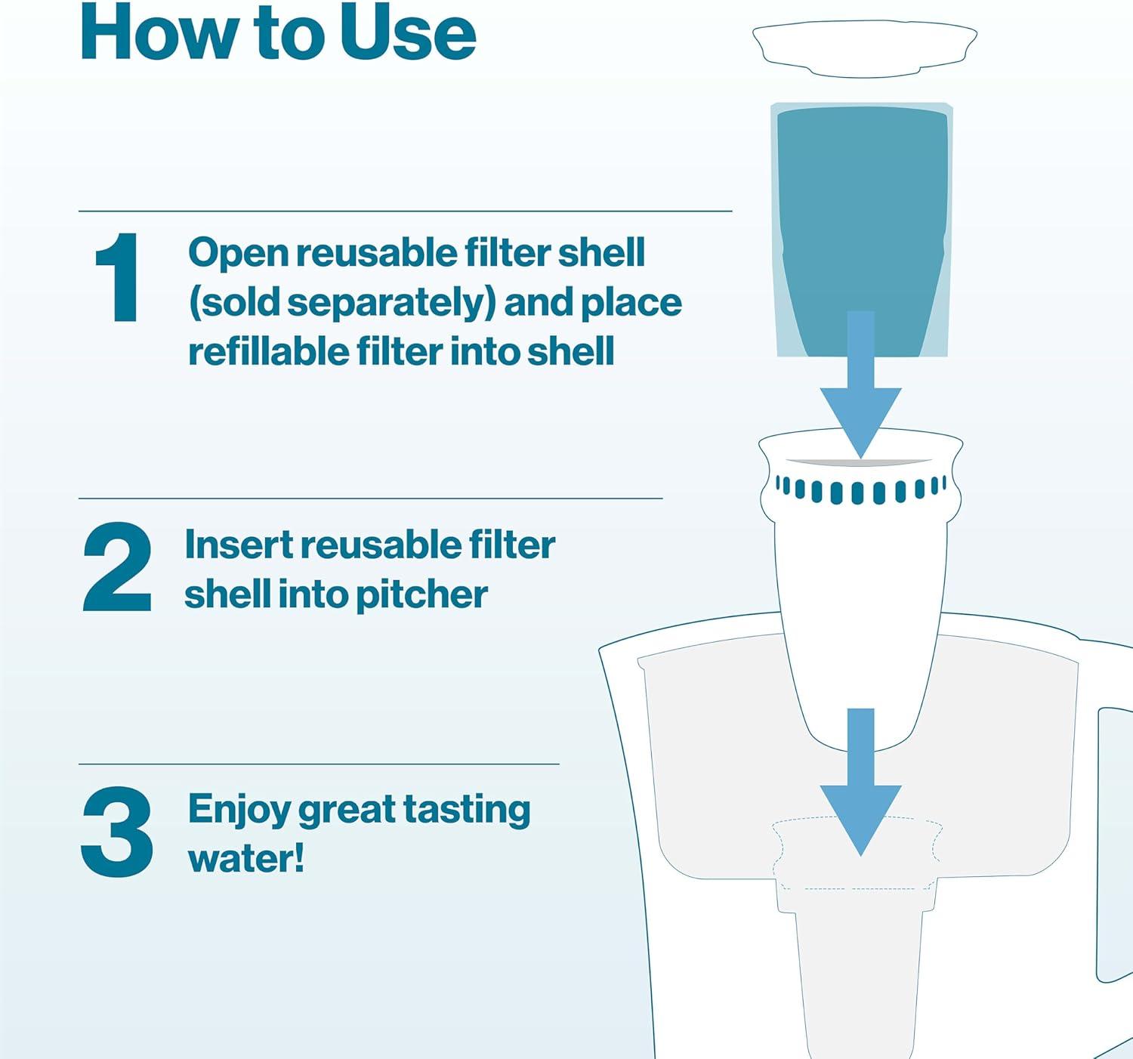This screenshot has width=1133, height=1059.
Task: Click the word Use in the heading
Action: (x=408, y=33)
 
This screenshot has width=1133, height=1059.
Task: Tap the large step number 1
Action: (x=119, y=277)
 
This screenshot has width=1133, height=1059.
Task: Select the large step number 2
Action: (x=118, y=567)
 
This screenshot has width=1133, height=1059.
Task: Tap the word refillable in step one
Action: (x=268, y=351)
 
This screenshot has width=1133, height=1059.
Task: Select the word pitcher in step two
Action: (x=421, y=596)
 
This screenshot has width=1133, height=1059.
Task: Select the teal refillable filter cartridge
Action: (x=861, y=230)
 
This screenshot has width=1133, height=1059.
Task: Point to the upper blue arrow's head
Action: (x=861, y=422)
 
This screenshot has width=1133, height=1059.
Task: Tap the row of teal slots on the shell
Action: (x=861, y=489)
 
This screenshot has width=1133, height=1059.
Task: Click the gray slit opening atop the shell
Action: (x=859, y=463)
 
